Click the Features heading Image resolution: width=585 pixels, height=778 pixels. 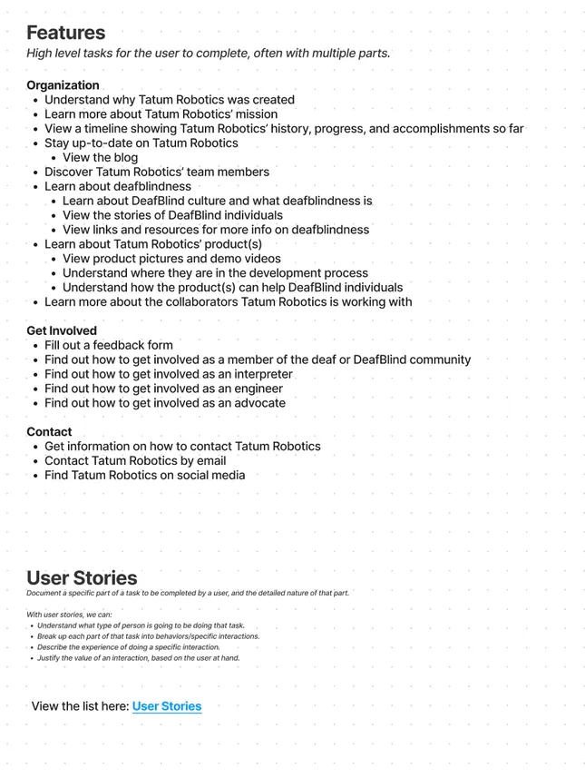coord(65,33)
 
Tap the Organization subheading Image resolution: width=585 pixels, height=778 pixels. coord(63,85)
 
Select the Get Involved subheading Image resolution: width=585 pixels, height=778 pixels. coord(62,330)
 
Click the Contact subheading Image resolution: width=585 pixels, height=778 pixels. coord(49,432)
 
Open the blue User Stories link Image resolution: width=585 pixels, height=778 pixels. coord(167,706)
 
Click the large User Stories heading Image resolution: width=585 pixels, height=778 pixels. coord(82,577)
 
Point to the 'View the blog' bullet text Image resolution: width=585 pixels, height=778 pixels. coord(101,158)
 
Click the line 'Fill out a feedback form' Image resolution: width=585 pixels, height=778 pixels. coord(109,345)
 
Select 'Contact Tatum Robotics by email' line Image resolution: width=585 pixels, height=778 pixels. coord(135,460)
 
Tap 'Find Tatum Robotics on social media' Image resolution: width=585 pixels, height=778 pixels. coord(145,475)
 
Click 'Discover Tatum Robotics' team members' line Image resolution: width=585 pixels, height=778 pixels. coord(157,172)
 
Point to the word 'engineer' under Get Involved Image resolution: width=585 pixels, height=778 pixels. coord(251,389)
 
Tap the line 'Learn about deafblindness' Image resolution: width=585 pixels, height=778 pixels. coord(118,186)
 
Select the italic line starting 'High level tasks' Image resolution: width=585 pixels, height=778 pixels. coord(208,53)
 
